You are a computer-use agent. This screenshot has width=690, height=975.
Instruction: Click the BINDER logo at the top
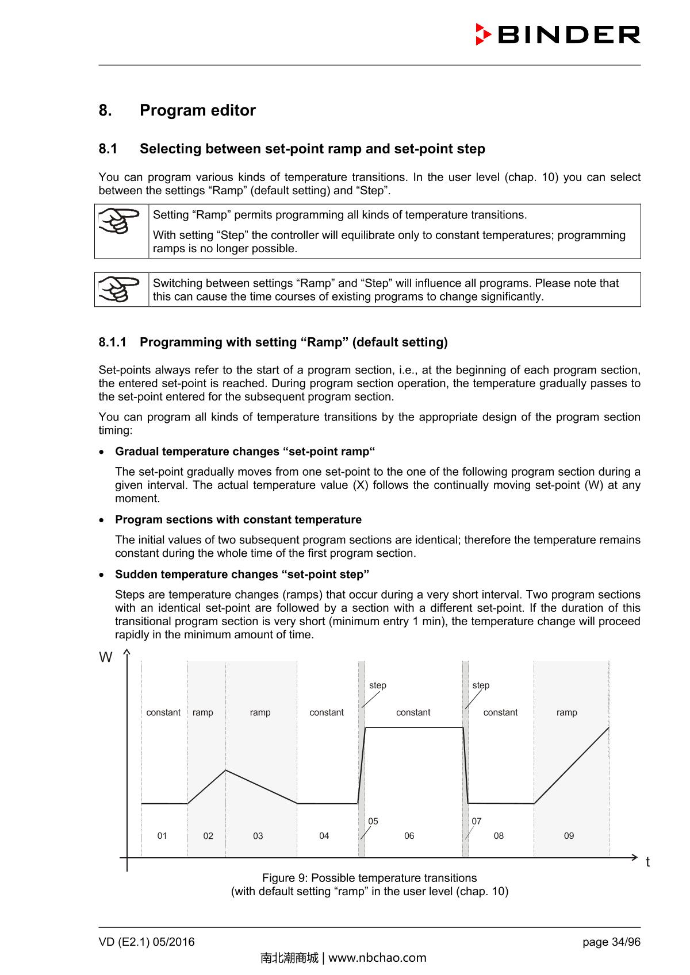click(558, 34)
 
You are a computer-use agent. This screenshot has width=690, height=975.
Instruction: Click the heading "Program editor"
click(197, 110)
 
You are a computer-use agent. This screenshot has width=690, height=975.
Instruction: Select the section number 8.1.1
click(112, 342)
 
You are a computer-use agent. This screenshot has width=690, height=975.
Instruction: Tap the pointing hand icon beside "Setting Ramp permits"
click(120, 222)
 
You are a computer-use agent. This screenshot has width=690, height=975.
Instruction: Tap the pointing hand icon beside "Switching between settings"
click(120, 289)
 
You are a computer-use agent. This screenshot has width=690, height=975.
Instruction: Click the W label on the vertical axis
click(106, 658)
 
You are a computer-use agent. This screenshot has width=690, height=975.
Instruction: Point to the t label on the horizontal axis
click(647, 862)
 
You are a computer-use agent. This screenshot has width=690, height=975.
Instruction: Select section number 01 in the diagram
click(162, 836)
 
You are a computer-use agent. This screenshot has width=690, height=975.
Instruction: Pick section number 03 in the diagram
click(258, 836)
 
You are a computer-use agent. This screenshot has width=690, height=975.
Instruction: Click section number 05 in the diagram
click(373, 822)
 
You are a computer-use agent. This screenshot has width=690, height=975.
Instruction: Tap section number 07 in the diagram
click(477, 822)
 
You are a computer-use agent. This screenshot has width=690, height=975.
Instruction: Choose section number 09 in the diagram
click(569, 836)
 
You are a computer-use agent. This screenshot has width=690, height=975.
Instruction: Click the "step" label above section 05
click(378, 685)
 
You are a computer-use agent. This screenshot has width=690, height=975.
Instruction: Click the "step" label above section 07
click(481, 685)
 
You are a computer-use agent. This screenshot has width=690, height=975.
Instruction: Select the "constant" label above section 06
click(413, 712)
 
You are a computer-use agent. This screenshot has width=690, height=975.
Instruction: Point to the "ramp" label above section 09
click(566, 712)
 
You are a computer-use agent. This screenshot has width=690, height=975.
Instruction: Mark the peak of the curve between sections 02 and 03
click(225, 770)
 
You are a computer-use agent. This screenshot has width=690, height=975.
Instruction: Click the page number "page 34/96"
click(611, 942)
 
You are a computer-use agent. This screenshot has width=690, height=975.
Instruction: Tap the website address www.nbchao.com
click(377, 958)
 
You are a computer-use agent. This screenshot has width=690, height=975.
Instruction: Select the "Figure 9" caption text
click(369, 878)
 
